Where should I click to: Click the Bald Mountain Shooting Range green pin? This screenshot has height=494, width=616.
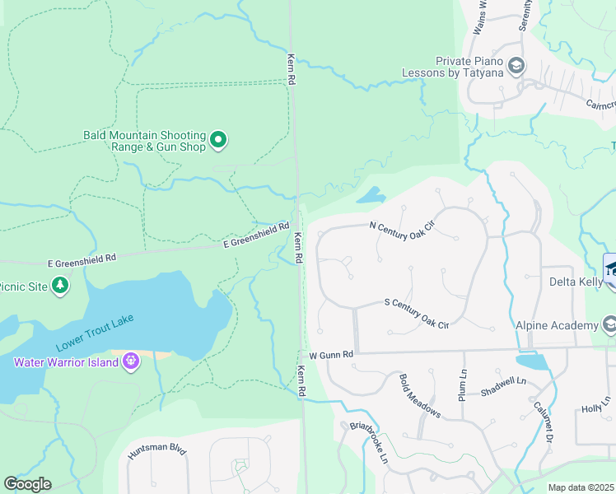218,141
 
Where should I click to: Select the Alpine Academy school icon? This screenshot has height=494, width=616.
609,325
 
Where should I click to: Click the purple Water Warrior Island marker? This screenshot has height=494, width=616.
130,361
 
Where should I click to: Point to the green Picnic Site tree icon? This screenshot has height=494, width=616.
59,285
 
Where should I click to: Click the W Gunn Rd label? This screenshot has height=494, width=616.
331,354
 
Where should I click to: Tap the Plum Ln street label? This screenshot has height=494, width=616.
461,384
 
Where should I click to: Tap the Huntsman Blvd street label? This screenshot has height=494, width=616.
157,451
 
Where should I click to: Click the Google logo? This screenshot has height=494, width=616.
27,484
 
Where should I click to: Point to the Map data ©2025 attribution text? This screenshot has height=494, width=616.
581,487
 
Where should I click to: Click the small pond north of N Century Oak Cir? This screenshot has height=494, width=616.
370,196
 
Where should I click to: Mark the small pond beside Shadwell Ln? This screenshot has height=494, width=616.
532,361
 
